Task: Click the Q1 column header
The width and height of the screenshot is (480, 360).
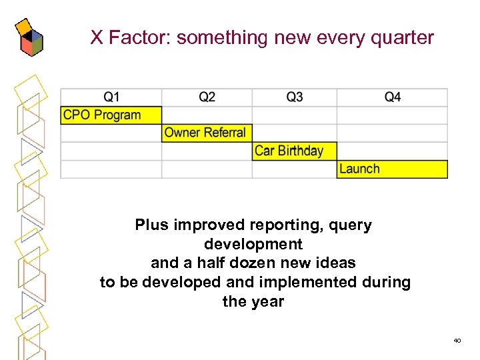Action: (111, 97)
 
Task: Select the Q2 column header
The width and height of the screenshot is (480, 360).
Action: (207, 97)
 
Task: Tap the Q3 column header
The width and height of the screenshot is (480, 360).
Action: (294, 97)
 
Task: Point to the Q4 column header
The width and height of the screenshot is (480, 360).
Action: (392, 97)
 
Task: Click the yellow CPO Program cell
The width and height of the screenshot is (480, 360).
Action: (111, 115)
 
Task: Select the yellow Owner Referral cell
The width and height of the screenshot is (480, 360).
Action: (207, 133)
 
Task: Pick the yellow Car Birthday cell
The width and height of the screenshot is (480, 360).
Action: (294, 151)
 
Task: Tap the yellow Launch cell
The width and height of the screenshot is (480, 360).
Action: (392, 169)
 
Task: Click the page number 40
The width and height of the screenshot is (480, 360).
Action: (457, 341)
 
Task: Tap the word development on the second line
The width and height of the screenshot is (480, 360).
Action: (253, 244)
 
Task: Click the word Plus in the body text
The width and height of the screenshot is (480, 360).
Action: (152, 225)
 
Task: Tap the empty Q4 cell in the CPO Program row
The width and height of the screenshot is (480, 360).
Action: (392, 115)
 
